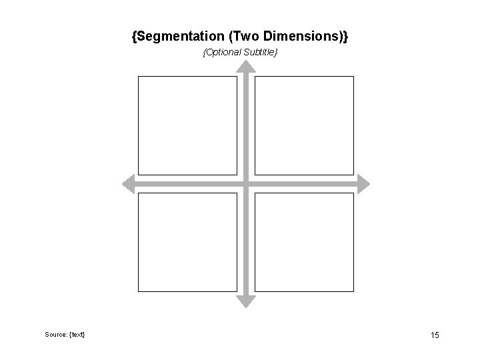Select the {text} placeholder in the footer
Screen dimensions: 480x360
tap(77, 333)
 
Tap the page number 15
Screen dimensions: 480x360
tap(435, 335)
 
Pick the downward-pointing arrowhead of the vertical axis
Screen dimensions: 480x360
tap(246, 301)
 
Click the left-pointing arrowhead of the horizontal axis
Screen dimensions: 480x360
tap(129, 183)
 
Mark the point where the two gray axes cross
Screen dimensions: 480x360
tap(246, 183)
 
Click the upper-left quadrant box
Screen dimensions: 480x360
tap(187, 125)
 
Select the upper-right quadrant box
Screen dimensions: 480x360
tap(304, 125)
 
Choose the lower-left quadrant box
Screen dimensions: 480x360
tap(187, 242)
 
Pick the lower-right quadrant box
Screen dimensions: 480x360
tap(304, 242)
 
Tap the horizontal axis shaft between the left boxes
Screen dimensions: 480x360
tap(187, 183)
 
